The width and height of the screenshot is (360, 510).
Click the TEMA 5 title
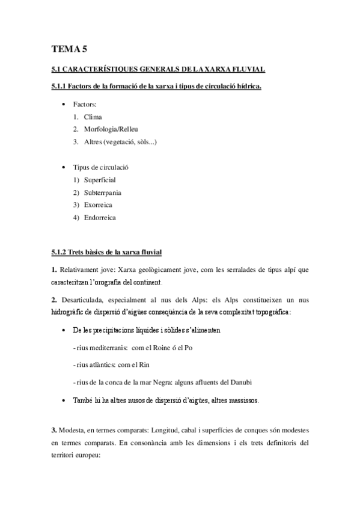(70, 50)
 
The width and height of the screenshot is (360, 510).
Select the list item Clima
(93, 117)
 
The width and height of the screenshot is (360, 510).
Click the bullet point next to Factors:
(64, 105)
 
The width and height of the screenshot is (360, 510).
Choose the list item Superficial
(100, 180)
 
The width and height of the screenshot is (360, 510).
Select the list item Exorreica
(98, 205)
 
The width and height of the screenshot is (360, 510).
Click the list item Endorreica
(100, 218)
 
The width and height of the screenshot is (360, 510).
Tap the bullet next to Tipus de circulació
(64, 167)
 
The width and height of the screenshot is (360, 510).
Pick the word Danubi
(260, 382)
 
